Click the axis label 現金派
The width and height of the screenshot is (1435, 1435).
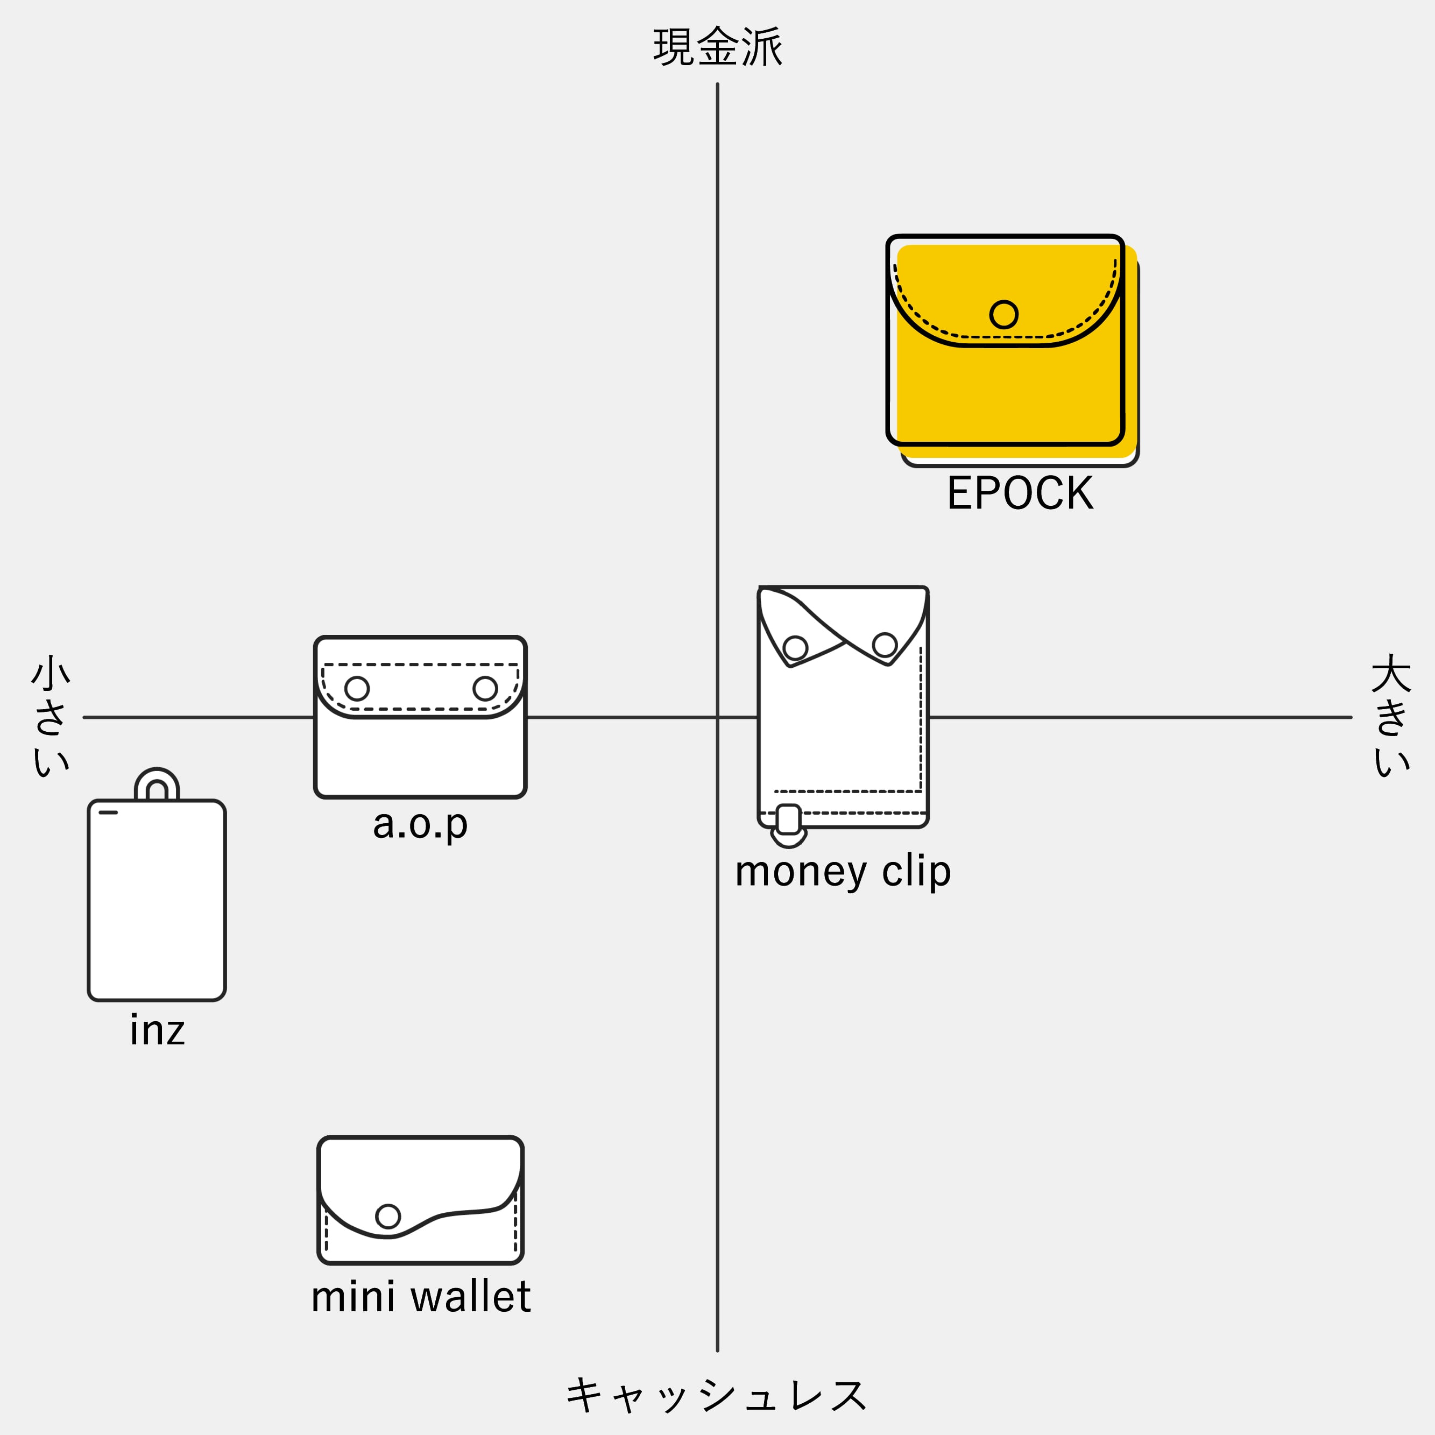(718, 47)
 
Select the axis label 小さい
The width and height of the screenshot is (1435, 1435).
(51, 715)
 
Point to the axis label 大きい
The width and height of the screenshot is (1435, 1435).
(1390, 715)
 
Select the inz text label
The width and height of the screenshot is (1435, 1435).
(157, 1030)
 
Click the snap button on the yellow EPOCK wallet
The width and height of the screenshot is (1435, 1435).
(1003, 314)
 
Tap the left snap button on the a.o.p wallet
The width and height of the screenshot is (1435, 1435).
(357, 689)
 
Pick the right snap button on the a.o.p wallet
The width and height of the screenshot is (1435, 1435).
(485, 689)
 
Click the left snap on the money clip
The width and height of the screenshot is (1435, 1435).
(795, 648)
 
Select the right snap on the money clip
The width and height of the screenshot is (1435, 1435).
(885, 645)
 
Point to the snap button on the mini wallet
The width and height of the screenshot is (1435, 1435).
(388, 1216)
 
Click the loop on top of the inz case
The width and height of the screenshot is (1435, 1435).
(157, 773)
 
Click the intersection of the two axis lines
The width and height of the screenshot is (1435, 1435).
(718, 718)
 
